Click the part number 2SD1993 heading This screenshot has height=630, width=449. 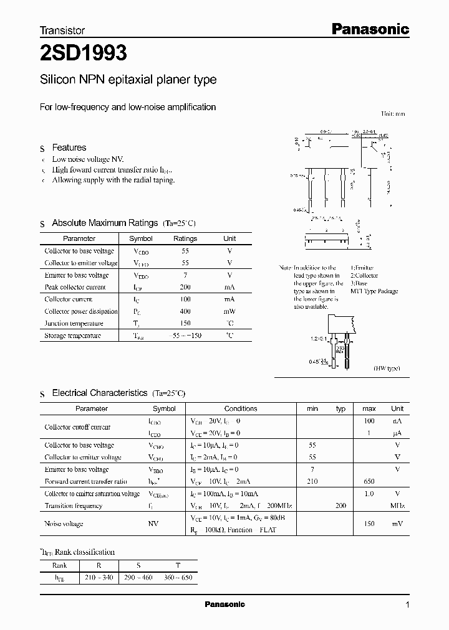[84, 54]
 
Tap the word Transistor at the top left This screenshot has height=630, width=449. [62, 30]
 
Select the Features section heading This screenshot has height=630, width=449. [69, 148]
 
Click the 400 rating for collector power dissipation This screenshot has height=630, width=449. [185, 311]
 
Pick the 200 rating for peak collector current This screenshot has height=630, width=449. [185, 287]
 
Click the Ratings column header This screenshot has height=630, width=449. [185, 238]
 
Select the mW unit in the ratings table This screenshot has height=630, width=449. [229, 311]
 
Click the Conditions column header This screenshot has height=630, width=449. [241, 408]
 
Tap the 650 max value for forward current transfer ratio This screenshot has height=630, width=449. [369, 481]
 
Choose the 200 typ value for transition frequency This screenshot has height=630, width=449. [340, 505]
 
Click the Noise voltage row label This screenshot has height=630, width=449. [64, 524]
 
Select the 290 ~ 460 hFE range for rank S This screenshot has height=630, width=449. [138, 578]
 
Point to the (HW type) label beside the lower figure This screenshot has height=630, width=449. [387, 369]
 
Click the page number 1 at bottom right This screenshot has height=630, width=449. [407, 604]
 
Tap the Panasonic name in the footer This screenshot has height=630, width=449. [225, 604]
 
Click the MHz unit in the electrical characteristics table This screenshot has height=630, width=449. [397, 505]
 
